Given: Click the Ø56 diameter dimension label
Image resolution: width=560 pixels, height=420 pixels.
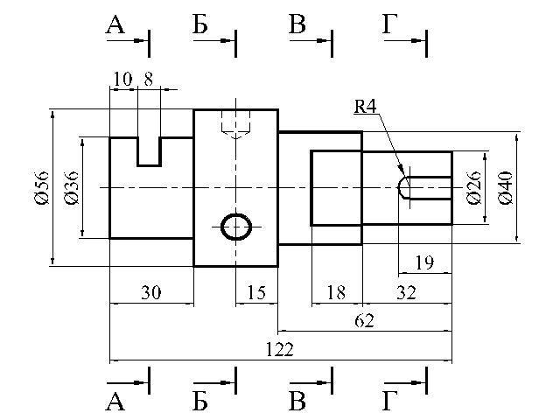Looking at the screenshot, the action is coord(41,188).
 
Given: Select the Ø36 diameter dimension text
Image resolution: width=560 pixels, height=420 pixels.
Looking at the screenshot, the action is coord(71,188).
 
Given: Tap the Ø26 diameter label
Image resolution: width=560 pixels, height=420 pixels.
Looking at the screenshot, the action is coord(474,188).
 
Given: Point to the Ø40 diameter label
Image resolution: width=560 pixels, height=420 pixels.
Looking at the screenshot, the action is coord(506,188).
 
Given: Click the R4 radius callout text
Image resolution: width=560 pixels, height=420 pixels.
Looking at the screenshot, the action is coord(365,106).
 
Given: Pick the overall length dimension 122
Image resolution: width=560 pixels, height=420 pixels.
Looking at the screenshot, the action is coord(280,349).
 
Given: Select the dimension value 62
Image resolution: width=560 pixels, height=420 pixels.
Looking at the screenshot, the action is coord(364,321).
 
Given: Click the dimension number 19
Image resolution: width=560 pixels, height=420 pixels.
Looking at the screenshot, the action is coord(424,262).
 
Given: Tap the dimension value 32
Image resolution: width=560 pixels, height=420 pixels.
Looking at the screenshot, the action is coord(406,292).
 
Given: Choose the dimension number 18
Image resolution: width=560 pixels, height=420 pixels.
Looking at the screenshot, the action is coord(336,292).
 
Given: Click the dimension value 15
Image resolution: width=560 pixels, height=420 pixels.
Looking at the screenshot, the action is coord(256,292).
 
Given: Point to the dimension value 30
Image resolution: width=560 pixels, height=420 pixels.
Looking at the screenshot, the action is coord(151,292).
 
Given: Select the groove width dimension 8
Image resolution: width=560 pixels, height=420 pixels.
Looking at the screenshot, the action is coord(149,79).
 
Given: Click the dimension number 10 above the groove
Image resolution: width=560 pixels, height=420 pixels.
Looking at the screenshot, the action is coord(122,79).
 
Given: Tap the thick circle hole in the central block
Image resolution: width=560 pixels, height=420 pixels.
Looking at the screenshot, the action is coord(236,214).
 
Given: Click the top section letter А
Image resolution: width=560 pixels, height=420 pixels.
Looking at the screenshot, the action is coord(115,25).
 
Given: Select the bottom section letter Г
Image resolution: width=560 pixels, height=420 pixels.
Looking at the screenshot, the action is coord(390,401).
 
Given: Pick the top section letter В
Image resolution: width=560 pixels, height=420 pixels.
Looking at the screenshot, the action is coord(297,24).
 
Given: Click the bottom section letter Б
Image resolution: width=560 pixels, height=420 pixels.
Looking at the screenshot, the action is coord(200,401).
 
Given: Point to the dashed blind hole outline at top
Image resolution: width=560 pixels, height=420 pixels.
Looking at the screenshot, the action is coord(235,124).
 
